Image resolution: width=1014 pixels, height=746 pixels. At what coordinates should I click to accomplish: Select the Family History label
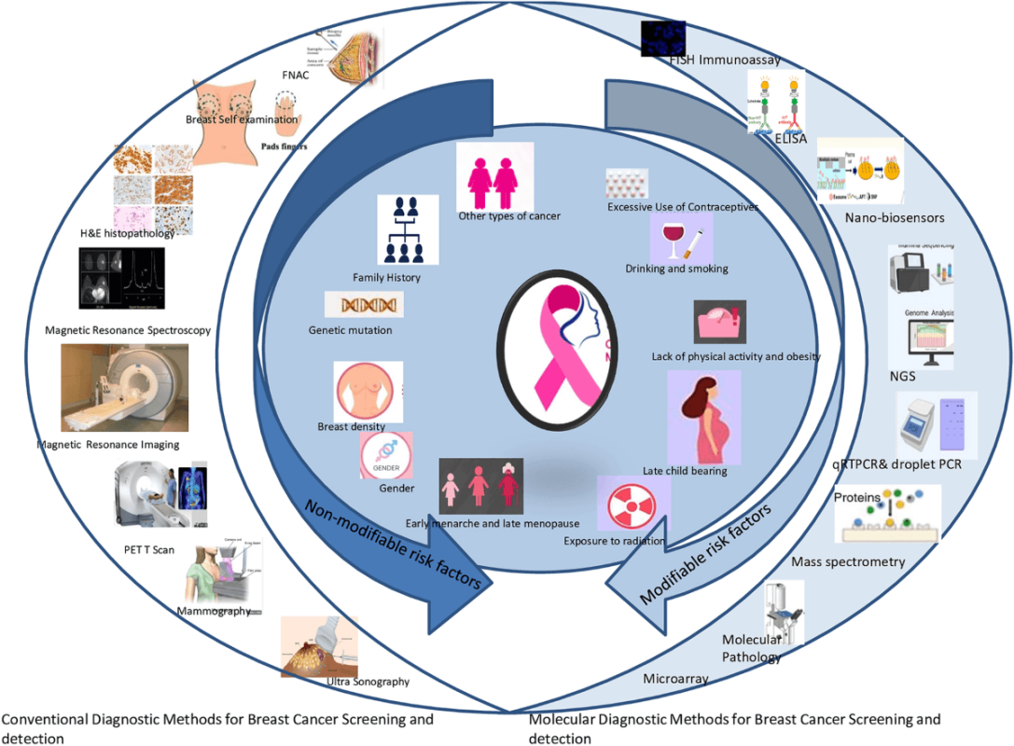[386, 278]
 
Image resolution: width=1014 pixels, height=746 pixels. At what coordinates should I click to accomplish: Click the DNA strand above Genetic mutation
[364, 304]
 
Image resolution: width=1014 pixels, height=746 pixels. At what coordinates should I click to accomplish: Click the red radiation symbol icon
[625, 504]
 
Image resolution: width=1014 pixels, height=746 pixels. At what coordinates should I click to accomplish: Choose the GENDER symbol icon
[386, 455]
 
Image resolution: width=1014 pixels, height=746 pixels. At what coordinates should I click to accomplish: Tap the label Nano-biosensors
[882, 218]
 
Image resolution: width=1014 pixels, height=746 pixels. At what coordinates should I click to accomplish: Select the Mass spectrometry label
[848, 562]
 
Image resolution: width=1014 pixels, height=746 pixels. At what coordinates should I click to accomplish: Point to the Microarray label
[675, 679]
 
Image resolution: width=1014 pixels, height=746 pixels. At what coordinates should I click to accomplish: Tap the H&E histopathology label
[128, 233]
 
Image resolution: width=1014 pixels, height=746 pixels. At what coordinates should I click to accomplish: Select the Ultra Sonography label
[368, 682]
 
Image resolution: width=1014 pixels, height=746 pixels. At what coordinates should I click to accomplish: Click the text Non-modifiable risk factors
[392, 541]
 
